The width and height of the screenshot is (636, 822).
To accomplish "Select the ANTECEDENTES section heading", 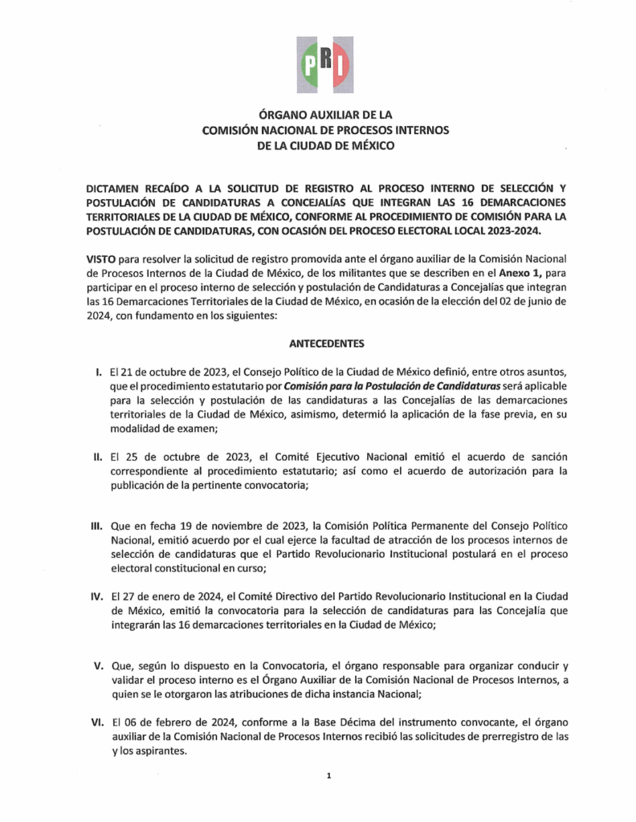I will coord(325,344).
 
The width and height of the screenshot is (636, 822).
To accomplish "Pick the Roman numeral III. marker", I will coord(95,526).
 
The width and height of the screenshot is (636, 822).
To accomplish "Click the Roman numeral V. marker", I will coord(96,667).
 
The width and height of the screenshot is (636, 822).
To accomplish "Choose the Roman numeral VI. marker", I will coord(95,722).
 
